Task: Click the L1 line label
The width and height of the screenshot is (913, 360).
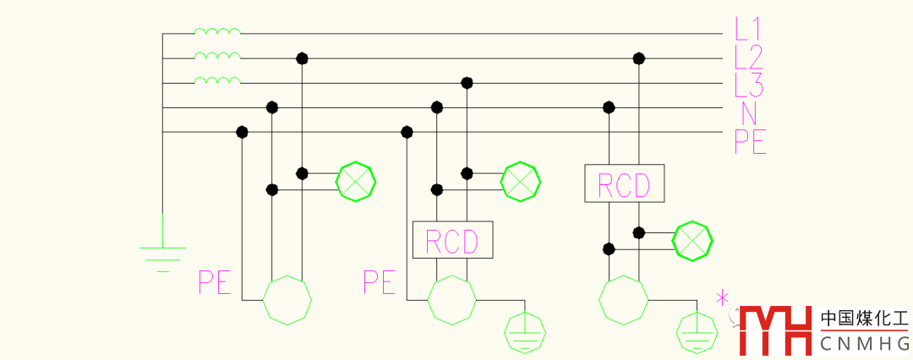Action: (x=749, y=30)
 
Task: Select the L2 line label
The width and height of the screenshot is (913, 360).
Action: (x=749, y=57)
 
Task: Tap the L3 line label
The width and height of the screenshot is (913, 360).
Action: (x=749, y=85)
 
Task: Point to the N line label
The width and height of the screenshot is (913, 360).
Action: (x=749, y=113)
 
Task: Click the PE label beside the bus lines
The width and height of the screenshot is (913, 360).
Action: (x=750, y=141)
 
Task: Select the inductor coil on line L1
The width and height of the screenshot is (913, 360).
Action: (x=217, y=32)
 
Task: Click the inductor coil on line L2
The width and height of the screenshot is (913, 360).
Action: (x=217, y=57)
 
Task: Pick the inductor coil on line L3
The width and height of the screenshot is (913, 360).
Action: (x=217, y=81)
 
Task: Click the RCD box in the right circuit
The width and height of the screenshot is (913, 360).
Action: (x=624, y=183)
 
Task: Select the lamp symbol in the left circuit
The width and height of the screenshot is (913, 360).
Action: (x=355, y=181)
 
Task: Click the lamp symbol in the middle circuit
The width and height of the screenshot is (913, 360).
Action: (x=520, y=181)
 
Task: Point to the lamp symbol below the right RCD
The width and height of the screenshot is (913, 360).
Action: (x=693, y=241)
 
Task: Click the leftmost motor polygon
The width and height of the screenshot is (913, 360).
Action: (x=287, y=298)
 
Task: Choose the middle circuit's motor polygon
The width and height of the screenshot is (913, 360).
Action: (x=452, y=298)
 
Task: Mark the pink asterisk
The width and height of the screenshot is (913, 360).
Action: (x=723, y=297)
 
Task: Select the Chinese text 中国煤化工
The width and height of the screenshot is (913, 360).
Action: (x=864, y=319)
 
